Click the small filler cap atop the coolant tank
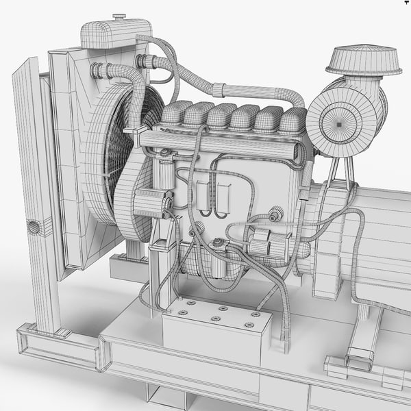point(119,16)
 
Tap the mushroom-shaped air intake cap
point(364,60)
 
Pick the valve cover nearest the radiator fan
point(177,113)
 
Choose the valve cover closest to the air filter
point(292,121)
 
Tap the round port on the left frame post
point(32,226)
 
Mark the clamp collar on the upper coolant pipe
point(219,89)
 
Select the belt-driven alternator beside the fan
point(151,203)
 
